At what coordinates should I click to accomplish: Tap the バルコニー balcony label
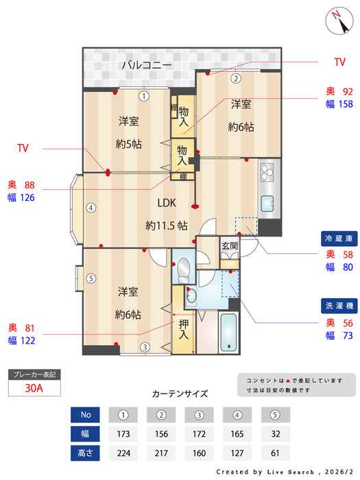click(146, 66)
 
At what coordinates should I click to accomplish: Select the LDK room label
click(167, 204)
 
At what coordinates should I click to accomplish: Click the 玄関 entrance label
click(229, 245)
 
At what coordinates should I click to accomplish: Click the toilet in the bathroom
click(182, 272)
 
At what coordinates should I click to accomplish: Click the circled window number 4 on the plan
click(91, 208)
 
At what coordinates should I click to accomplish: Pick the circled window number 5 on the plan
click(91, 278)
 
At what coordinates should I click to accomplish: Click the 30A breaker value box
click(34, 388)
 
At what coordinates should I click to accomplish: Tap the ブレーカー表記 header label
click(34, 374)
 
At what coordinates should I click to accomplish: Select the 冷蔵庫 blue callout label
click(339, 239)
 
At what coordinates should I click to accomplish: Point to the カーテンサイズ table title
click(180, 394)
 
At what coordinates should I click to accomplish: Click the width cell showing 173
click(124, 434)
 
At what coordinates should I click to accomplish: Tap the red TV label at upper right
click(339, 62)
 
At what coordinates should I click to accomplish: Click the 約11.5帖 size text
click(167, 225)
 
